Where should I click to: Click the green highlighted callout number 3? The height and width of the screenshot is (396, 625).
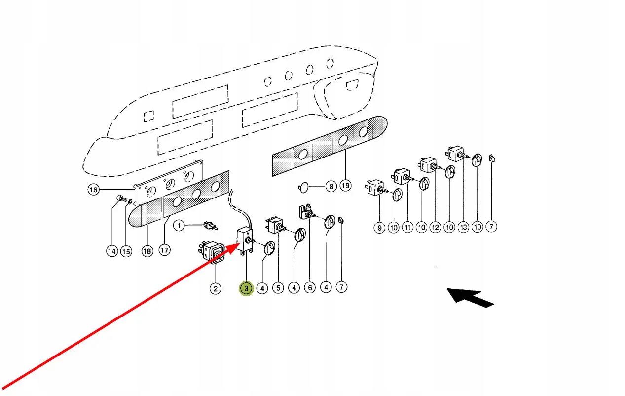pos(246,288)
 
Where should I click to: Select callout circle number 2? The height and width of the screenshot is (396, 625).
pos(215,288)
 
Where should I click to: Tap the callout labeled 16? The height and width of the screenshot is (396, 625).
pos(93,189)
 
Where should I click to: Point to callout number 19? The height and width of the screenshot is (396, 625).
pos(345,186)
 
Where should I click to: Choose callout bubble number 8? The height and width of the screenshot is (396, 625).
pos(331,186)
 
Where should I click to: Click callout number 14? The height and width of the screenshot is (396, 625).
pos(112,251)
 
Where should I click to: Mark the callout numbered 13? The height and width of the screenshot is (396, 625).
pos(463,227)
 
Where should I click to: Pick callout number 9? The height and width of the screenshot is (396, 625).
pos(379,228)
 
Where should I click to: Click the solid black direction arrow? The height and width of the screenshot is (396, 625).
pos(470,297)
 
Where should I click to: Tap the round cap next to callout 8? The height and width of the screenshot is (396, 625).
pos(304,186)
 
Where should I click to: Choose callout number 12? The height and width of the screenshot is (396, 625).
pos(435,227)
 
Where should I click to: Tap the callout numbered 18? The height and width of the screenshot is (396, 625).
pos(147,251)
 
